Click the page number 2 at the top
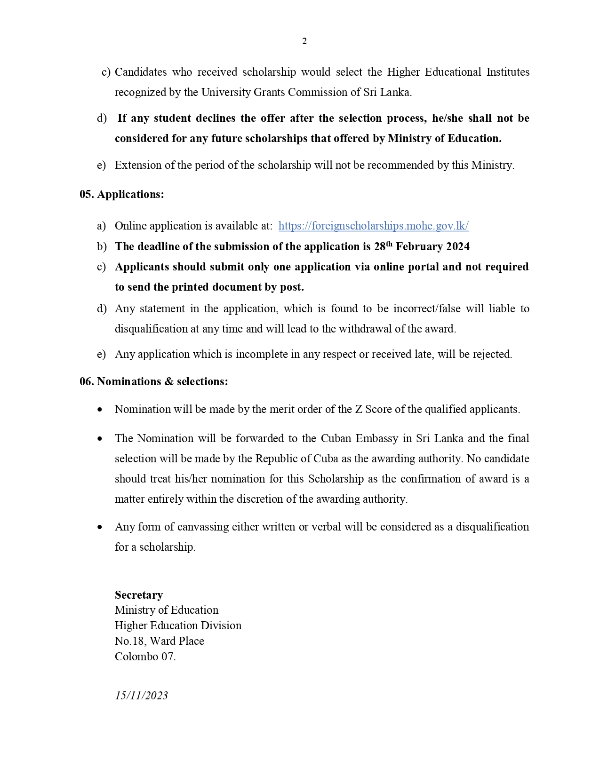304,41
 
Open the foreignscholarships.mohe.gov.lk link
373,226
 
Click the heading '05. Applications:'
122,195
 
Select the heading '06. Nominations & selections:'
154,381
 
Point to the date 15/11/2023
141,696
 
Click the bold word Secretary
139,595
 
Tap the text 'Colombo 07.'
145,657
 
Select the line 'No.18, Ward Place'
159,641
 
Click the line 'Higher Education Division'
178,626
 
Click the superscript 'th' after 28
389,244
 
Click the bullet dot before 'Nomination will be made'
100,410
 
